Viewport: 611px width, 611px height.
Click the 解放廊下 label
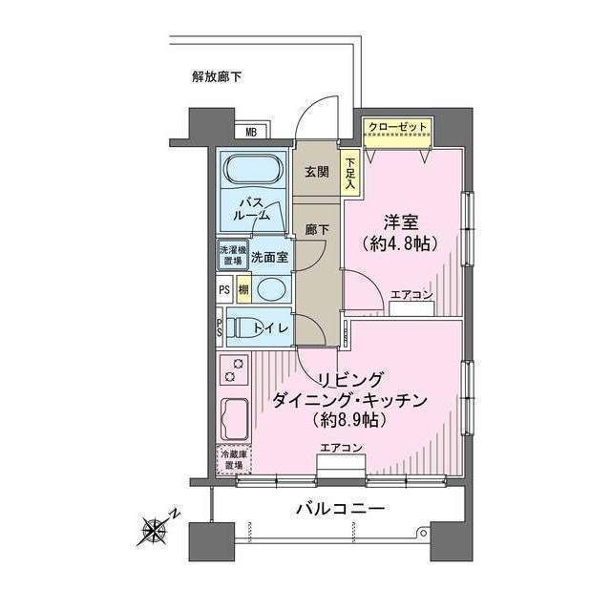[x=216, y=77]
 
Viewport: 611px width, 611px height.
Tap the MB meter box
[x=252, y=133]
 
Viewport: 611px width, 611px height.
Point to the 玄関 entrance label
[x=316, y=173]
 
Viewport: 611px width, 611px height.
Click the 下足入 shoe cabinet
[x=350, y=176]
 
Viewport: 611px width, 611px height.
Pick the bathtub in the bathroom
[x=251, y=174]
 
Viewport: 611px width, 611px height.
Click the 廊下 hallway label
[x=316, y=231]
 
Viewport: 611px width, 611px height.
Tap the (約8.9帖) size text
[x=348, y=419]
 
